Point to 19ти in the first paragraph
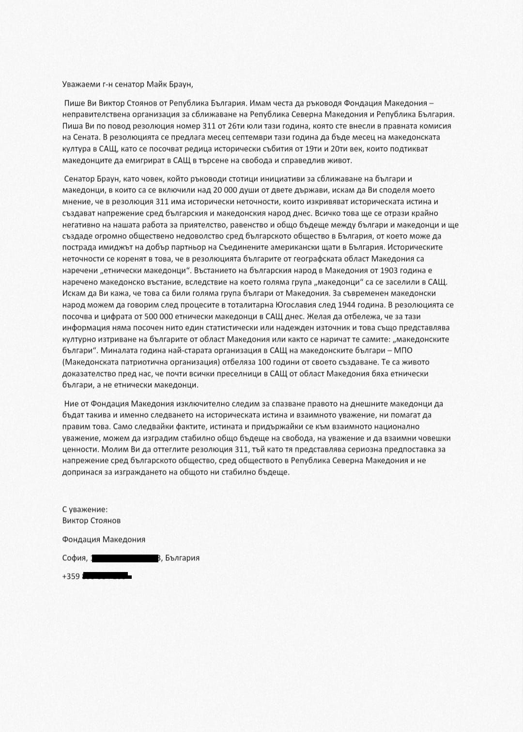click(x=309, y=149)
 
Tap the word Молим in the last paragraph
click(x=110, y=449)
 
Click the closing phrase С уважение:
click(x=85, y=509)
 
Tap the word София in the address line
click(x=74, y=558)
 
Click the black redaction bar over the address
click(x=125, y=558)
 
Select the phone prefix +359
click(x=71, y=576)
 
